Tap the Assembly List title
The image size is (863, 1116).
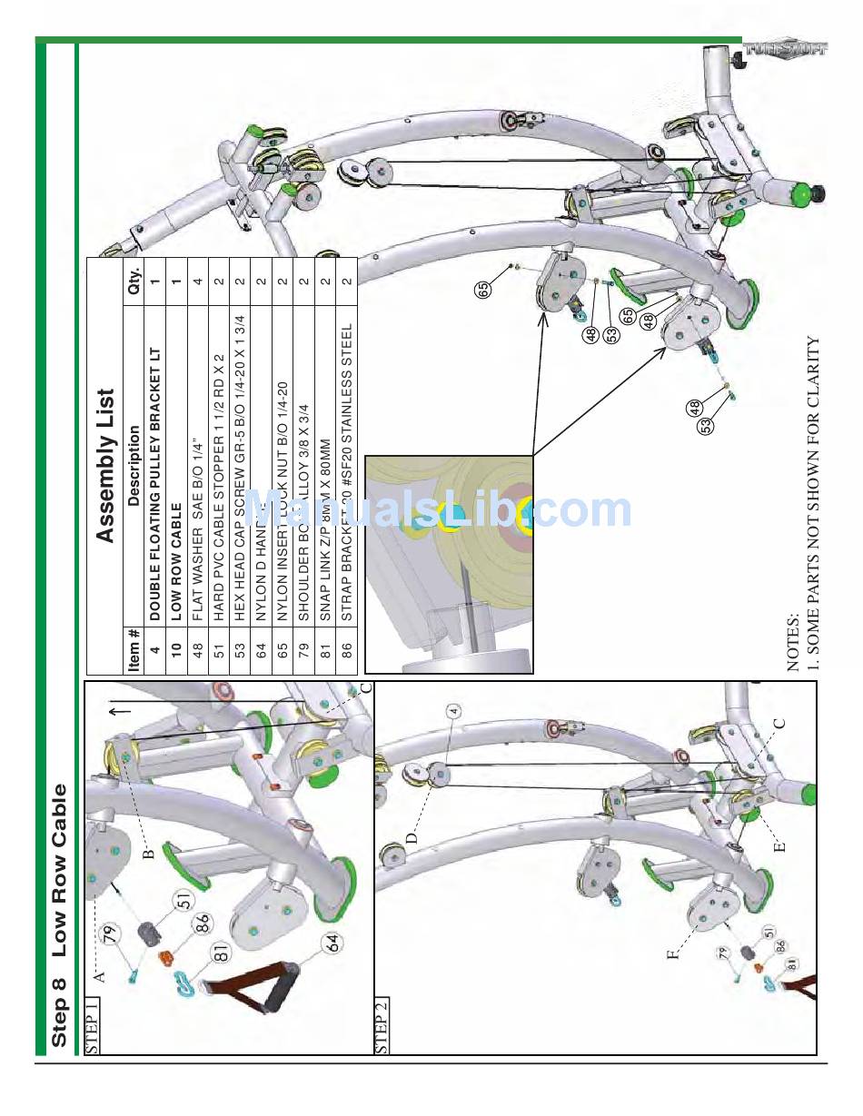click(x=106, y=466)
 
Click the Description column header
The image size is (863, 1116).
click(x=134, y=466)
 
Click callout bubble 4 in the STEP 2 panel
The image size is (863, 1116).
click(x=453, y=711)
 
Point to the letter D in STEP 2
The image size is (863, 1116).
click(x=412, y=838)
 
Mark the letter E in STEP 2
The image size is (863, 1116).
click(x=779, y=846)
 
